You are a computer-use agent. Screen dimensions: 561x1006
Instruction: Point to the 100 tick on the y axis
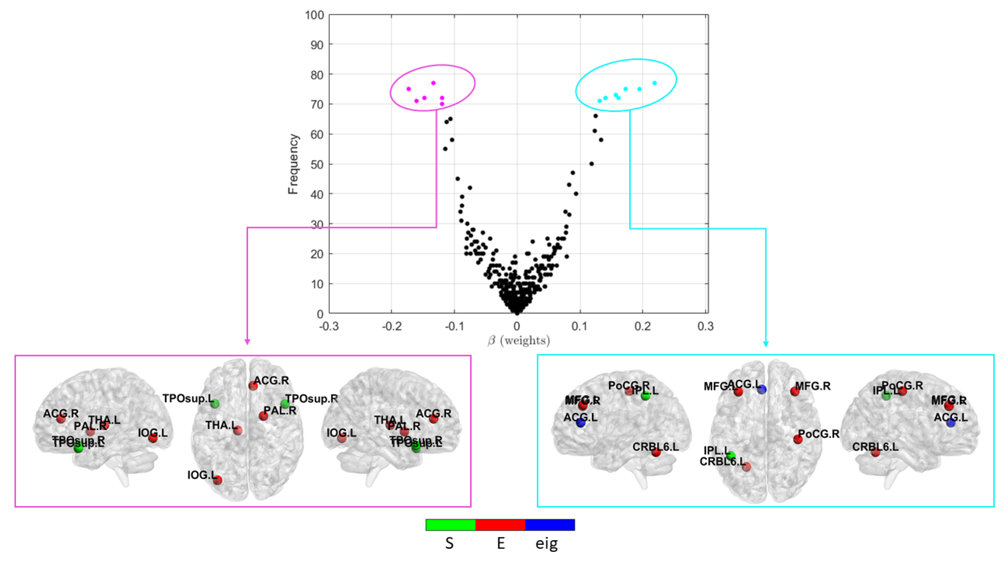pos(314,15)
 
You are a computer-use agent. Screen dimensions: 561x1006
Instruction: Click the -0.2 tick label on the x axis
pos(391,326)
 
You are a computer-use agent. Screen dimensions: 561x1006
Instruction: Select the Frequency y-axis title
pos(293,164)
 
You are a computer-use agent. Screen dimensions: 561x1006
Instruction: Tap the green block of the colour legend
pos(450,525)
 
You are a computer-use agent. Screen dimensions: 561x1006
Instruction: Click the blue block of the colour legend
pos(550,525)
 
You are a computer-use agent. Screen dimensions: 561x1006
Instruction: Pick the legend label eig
pos(546,543)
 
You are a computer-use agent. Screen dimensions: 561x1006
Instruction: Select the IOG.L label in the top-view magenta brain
pos(201,475)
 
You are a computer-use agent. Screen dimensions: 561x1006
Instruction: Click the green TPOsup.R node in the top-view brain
pos(285,404)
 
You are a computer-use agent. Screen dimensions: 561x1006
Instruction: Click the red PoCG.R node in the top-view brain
pos(798,439)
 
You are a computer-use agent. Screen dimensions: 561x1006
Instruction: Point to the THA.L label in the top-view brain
pos(220,425)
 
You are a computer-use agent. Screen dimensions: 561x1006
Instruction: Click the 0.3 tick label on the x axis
pos(705,326)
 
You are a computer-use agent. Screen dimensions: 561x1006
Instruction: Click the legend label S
pos(450,543)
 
